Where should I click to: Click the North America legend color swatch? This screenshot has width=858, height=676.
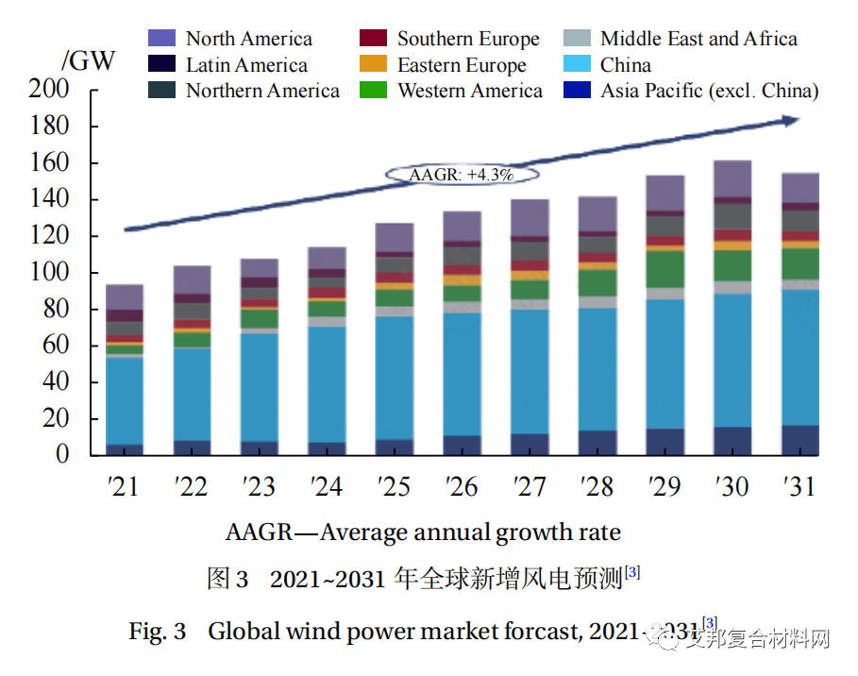pos(162,39)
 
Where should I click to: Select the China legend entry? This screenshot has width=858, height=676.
pos(626,65)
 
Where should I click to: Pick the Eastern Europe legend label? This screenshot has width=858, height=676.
pos(462,65)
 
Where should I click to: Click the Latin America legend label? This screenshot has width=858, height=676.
pos(246,65)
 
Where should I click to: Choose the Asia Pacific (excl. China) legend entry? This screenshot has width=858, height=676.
pos(709,91)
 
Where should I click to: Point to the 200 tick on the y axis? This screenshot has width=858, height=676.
pos(50,90)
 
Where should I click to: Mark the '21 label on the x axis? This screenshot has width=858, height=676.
pos(124,486)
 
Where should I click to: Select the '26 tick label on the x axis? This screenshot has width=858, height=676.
pos(462,486)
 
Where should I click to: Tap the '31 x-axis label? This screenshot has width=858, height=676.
pos(799,486)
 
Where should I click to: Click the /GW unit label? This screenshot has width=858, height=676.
pos(89,61)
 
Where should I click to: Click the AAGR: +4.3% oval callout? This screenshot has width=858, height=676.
pos(461,174)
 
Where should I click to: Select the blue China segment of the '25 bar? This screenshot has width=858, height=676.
pos(394,378)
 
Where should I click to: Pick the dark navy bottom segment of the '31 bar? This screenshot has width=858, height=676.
pos(799,440)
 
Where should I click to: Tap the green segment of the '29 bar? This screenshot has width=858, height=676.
pos(665,269)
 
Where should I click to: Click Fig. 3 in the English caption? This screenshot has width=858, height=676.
pos(158,631)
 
